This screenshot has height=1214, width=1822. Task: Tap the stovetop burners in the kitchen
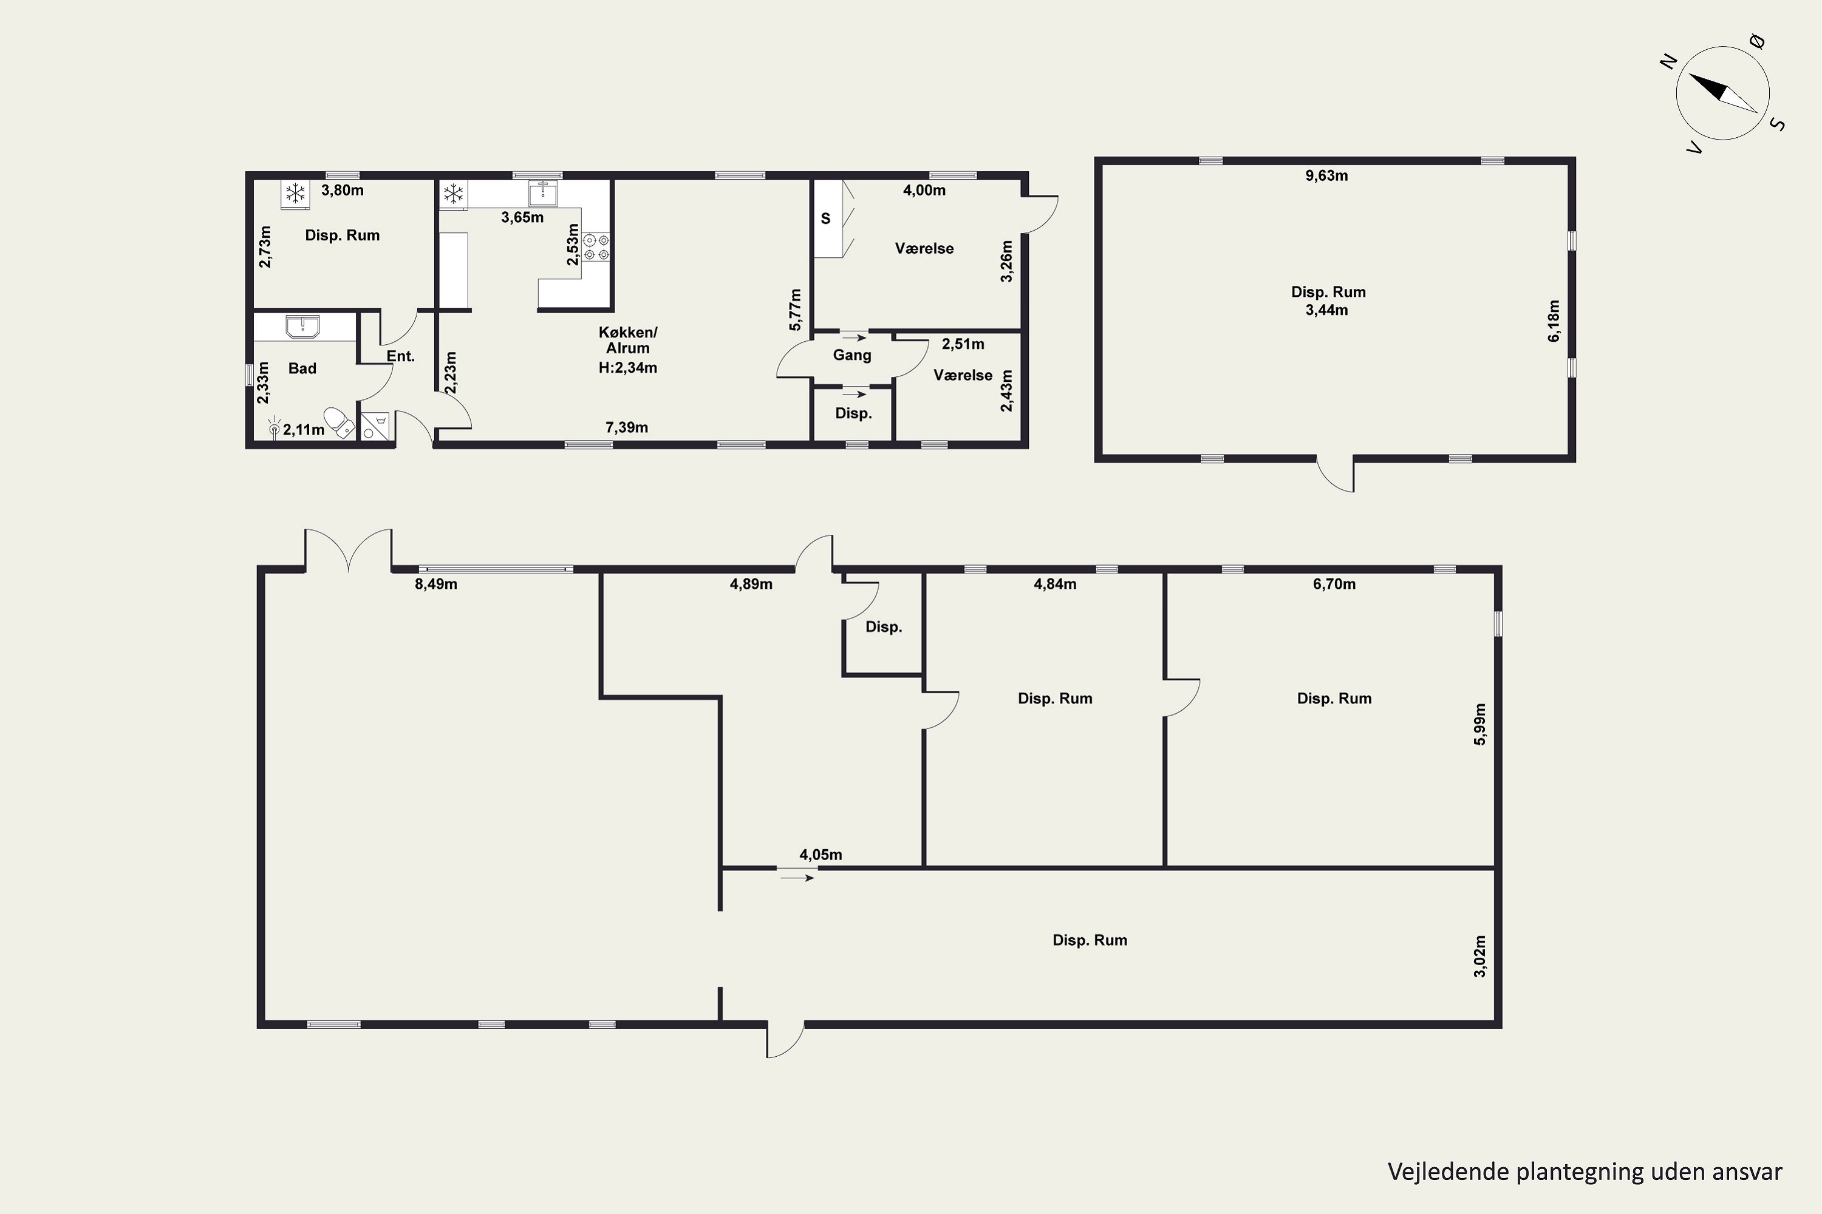click(596, 247)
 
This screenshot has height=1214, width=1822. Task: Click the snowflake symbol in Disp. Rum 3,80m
click(295, 193)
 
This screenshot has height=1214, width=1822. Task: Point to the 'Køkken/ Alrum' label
click(627, 340)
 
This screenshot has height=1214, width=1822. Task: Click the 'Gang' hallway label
click(852, 355)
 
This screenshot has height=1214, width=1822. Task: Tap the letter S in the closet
click(826, 219)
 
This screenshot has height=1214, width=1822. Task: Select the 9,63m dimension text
click(1326, 176)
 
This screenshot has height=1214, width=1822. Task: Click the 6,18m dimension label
click(1554, 320)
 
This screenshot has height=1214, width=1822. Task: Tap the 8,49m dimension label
click(436, 585)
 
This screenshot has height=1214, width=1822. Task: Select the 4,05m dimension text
click(821, 855)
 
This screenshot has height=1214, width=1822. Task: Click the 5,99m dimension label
click(1479, 724)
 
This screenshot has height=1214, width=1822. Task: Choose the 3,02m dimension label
click(1479, 956)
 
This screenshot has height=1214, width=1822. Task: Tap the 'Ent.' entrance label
click(400, 356)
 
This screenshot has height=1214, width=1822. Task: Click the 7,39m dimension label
click(627, 427)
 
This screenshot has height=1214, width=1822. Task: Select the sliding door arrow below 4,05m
click(797, 877)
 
